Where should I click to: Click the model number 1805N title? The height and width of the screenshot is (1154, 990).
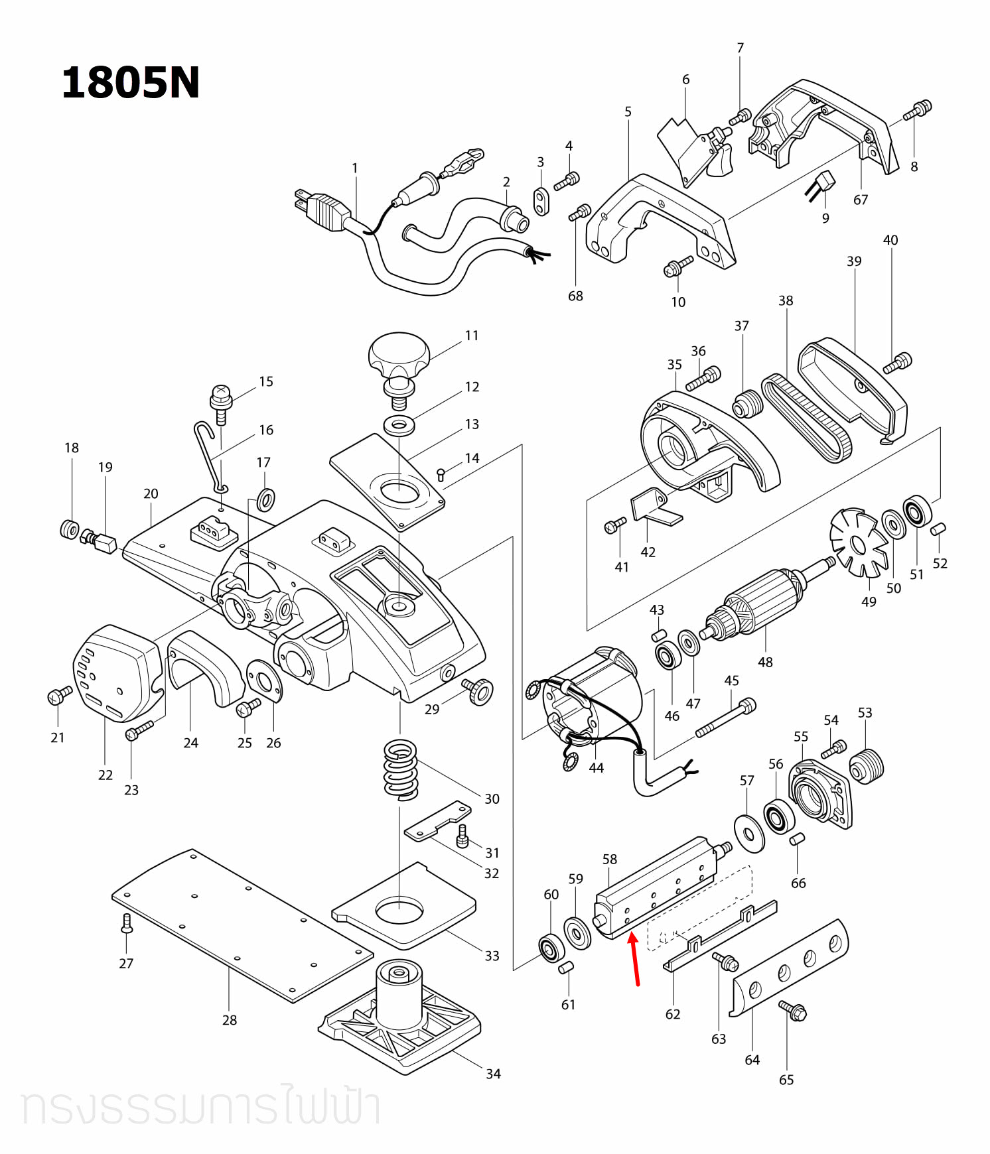coord(130,84)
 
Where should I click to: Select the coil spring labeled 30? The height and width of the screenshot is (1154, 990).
coord(401,769)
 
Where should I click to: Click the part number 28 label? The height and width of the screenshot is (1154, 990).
coord(230,1020)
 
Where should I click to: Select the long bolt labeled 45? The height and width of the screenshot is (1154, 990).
coord(726,718)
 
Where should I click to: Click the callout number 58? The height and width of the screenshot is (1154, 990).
coord(610,860)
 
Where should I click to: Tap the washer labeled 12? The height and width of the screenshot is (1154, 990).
coord(399,424)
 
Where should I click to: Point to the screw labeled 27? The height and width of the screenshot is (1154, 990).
coord(127,923)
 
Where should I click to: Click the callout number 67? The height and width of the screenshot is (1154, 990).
coord(861,200)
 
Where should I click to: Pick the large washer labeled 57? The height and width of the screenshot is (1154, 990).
coord(750,833)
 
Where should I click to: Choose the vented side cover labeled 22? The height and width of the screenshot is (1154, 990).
coord(116,673)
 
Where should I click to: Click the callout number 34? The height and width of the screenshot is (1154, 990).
coord(493,1074)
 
